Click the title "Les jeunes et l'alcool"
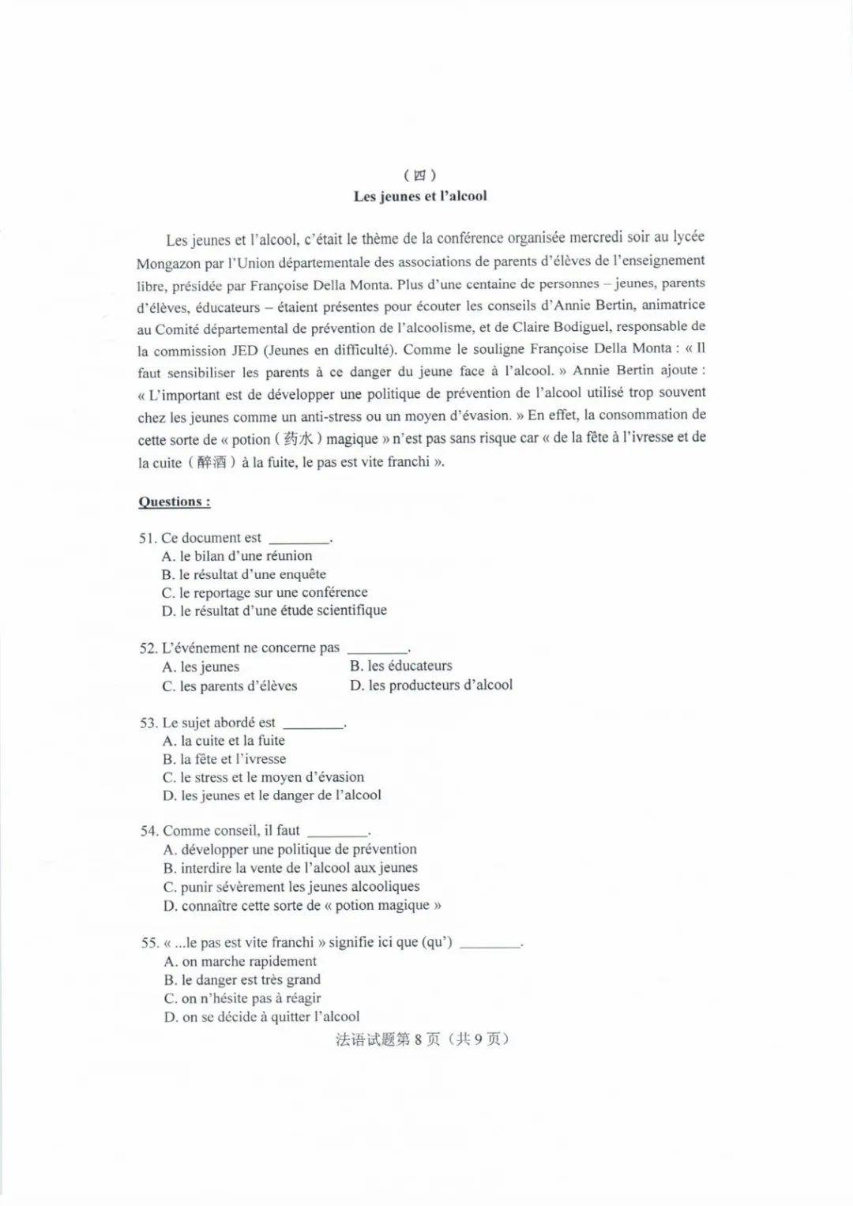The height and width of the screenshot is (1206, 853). click(420, 197)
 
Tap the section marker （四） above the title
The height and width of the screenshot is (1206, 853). click(420, 175)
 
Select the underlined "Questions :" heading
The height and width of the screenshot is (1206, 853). click(175, 502)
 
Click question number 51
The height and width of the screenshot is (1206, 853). click(148, 539)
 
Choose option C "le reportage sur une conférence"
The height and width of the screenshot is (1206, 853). click(265, 592)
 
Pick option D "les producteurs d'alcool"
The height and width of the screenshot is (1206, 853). click(431, 686)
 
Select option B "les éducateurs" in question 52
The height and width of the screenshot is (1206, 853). click(401, 666)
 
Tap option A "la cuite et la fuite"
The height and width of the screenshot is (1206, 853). click(224, 741)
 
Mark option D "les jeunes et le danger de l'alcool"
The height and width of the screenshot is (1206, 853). click(272, 795)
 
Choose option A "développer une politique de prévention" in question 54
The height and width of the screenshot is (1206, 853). click(290, 850)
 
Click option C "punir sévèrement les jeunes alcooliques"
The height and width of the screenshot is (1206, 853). click(291, 887)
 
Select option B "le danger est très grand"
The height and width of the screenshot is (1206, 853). click(242, 980)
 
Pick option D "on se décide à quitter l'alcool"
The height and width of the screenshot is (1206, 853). click(261, 1017)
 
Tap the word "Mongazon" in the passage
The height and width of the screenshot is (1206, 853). click(169, 265)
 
